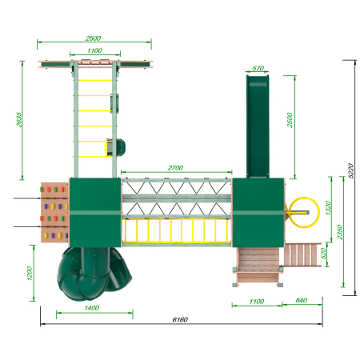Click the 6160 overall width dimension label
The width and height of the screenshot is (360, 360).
[180, 319]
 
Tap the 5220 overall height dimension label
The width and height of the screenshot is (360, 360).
[351, 170]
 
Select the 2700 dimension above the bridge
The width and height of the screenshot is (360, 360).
[175, 168]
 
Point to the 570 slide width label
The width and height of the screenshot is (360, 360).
[258, 68]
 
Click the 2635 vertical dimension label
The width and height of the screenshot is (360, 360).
[19, 119]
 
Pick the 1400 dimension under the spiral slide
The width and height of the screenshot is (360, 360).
[92, 308]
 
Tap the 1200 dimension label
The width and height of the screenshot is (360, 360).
[30, 274]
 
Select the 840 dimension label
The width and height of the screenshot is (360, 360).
[302, 300]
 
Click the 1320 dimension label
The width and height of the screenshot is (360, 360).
[328, 208]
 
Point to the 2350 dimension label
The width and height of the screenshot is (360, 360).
[340, 232]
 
